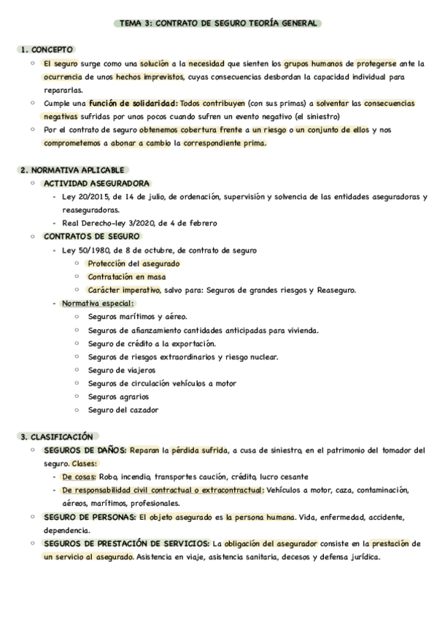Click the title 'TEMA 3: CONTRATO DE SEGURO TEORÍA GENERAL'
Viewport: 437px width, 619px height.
[x=218, y=24]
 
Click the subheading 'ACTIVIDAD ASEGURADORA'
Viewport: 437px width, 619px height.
[x=96, y=183]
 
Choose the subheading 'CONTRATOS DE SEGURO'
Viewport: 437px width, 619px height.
[x=91, y=237]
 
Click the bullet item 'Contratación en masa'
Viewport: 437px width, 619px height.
[x=126, y=277]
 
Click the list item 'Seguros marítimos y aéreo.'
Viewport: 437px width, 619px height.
[x=137, y=317]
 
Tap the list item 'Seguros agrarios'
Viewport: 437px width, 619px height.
[x=118, y=397]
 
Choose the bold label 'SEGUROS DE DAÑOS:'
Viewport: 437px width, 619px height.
[x=85, y=450]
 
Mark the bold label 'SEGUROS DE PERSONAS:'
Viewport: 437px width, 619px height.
[x=90, y=518]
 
